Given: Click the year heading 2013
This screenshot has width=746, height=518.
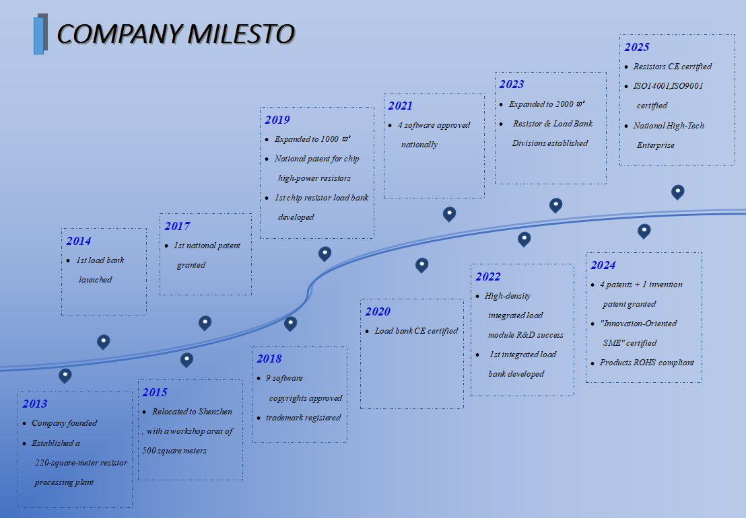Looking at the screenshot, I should click(x=35, y=404).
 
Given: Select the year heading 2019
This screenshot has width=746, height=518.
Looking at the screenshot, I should click(x=277, y=120).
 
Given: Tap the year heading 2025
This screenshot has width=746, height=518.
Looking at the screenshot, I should click(x=637, y=47).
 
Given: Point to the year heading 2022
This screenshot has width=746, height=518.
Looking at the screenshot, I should click(x=488, y=276).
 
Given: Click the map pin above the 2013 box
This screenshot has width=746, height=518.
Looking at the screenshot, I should click(x=65, y=375).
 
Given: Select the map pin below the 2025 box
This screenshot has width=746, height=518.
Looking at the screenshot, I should click(x=678, y=192).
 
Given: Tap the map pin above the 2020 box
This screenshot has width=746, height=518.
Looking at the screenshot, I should click(x=421, y=265).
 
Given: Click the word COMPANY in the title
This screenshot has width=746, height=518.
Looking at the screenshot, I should click(x=119, y=34).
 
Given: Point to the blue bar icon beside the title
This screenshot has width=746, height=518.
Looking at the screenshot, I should click(x=40, y=34).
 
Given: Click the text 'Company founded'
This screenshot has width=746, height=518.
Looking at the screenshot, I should click(x=65, y=423).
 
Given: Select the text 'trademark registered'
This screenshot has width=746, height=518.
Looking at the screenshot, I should click(x=303, y=418).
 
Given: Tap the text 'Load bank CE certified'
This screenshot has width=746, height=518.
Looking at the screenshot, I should click(x=416, y=331).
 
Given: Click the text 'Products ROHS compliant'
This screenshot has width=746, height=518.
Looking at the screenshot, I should click(x=646, y=363).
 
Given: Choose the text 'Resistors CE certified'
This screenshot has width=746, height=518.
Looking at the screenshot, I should click(x=672, y=67).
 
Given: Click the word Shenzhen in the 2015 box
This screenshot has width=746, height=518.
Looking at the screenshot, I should click(x=215, y=412).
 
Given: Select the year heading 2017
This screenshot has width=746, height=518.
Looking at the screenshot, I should click(x=177, y=226).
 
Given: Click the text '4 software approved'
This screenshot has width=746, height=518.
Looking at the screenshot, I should click(x=434, y=125).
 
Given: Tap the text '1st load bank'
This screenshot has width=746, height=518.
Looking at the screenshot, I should click(x=100, y=260).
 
